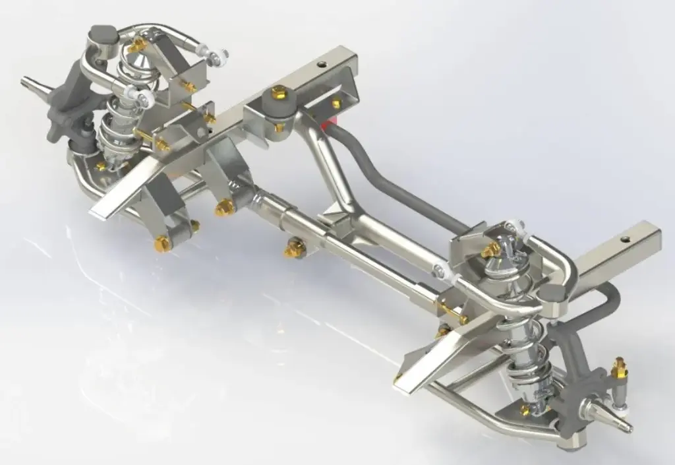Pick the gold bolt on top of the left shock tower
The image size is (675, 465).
[x=139, y=44]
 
